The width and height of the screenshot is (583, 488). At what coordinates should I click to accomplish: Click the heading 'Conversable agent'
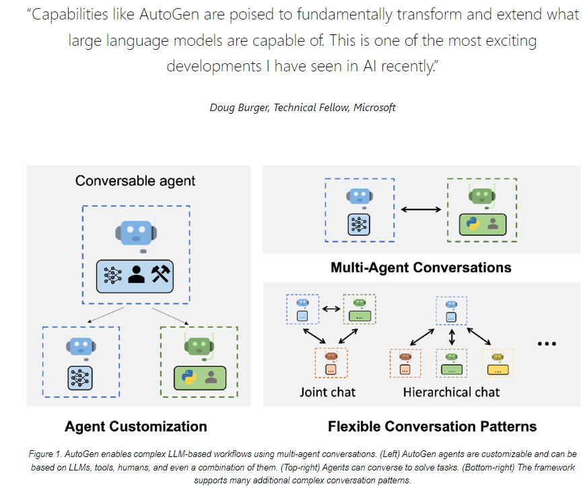coord(135,180)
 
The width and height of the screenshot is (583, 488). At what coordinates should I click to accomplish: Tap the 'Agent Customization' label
coord(135,426)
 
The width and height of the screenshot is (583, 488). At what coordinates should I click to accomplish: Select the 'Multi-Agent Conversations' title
coord(421,267)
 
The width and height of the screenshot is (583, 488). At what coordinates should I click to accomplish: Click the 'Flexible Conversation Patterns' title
coord(432,426)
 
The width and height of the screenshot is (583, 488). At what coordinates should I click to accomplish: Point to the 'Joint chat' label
coord(327,391)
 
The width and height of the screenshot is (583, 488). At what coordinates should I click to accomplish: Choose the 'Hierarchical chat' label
coord(451,391)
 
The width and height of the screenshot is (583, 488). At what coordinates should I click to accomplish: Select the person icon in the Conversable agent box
coord(137,274)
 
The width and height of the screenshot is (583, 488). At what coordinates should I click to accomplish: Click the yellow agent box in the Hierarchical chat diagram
coord(498,364)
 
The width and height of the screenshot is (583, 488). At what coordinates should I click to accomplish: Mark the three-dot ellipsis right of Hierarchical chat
coord(547,344)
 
